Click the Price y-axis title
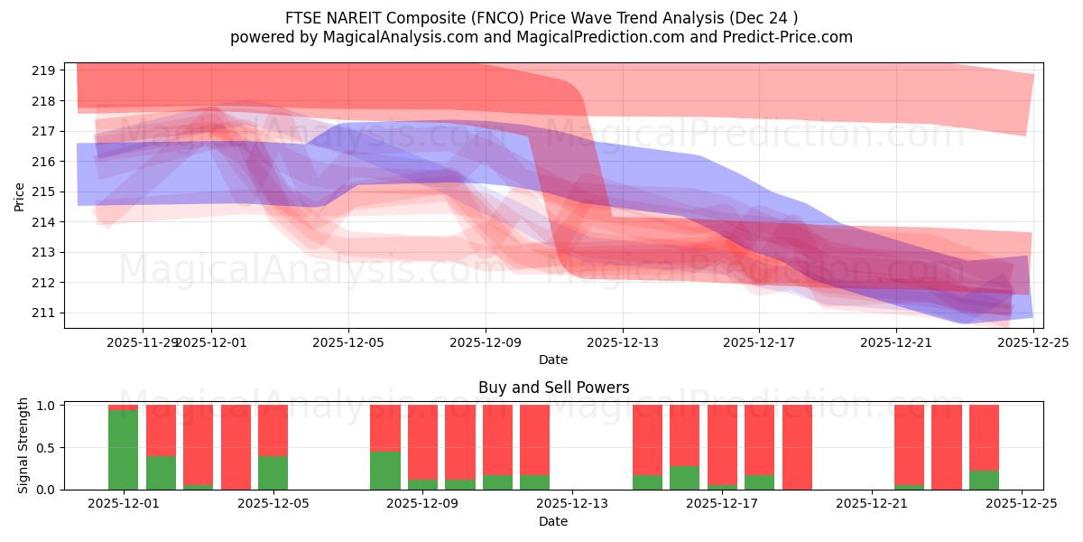(x=20, y=195)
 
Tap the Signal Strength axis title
(x=23, y=445)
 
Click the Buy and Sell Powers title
(x=553, y=388)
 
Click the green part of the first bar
(x=123, y=450)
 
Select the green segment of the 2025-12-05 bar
(x=273, y=472)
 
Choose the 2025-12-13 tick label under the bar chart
(x=572, y=504)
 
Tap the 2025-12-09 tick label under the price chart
(x=486, y=342)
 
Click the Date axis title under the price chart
(x=553, y=360)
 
